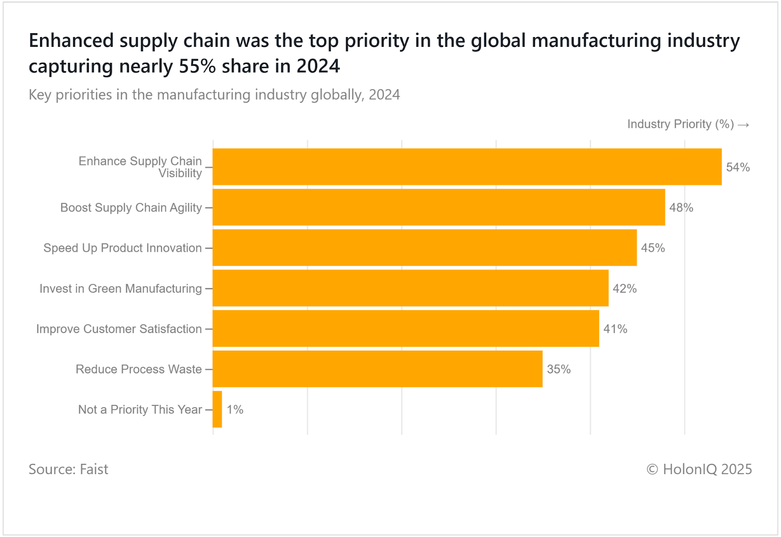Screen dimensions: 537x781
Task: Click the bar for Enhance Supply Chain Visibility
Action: point(467,167)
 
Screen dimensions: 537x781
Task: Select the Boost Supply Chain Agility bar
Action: point(438,207)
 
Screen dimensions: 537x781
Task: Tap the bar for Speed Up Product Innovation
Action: point(425,248)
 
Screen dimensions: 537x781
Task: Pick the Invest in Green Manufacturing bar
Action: point(411,288)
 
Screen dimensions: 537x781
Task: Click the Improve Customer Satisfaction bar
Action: point(406,329)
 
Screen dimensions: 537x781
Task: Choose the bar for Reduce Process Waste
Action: point(377,369)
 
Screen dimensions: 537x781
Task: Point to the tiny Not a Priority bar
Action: point(218,409)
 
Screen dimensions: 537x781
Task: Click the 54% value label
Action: point(738,167)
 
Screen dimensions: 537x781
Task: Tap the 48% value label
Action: point(681,208)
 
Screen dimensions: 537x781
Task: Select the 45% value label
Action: point(653,248)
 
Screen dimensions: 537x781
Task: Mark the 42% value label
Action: point(624,289)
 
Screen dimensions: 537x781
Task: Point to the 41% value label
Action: point(615,329)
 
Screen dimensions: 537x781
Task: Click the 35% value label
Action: point(558,369)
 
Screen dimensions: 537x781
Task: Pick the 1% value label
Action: point(235,410)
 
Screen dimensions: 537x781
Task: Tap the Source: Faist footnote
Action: point(68,469)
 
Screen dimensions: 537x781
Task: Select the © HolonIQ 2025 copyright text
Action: point(699,469)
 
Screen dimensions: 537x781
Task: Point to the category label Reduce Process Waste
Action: point(139,369)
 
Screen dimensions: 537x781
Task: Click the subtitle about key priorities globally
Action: point(214,95)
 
